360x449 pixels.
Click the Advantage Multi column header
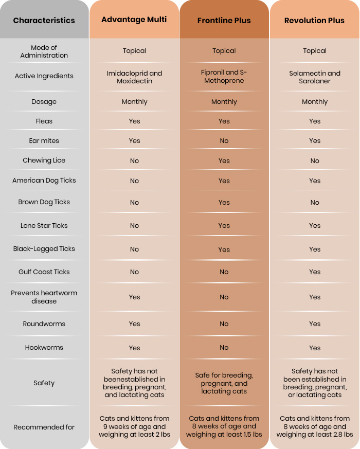coord(134,20)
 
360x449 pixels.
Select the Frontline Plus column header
coord(224,21)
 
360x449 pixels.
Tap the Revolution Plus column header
coord(314,21)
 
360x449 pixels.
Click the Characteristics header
coord(44,21)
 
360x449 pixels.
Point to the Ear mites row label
coord(44,140)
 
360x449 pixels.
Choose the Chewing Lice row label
coord(44,160)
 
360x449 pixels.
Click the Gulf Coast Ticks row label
coord(44,272)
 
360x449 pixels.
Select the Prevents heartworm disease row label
coord(44,297)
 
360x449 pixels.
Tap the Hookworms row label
coord(44,347)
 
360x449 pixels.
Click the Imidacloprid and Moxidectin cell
coord(134,77)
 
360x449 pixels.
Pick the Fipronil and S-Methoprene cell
coord(224,76)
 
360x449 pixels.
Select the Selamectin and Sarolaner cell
coord(314,77)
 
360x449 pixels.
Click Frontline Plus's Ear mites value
coord(224,140)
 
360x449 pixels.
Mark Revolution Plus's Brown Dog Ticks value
coord(314,203)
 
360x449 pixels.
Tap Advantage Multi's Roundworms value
coord(134,324)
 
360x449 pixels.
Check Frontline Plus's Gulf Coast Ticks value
coord(224,272)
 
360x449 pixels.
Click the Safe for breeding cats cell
coord(224,383)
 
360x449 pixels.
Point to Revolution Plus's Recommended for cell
coord(314,426)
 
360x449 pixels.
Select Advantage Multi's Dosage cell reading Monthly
coord(134,102)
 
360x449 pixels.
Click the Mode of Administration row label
coord(44,51)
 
